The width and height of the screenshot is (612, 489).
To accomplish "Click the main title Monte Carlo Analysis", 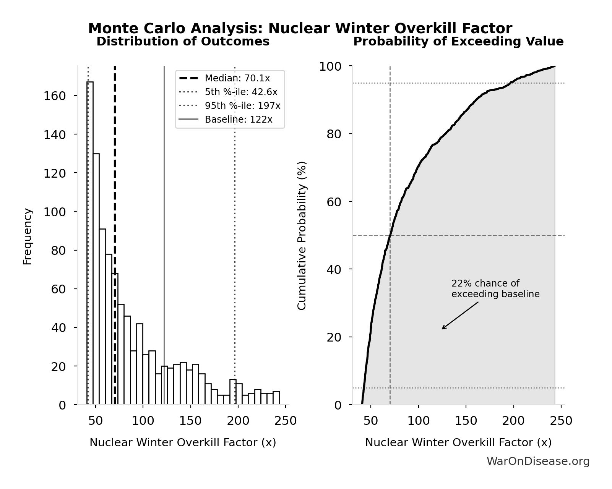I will point(300,29).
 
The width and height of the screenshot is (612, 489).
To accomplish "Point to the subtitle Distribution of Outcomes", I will point(183,42).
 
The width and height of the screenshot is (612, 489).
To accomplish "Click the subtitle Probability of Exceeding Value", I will point(458,42).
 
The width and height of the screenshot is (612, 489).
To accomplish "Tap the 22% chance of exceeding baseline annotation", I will point(495,289).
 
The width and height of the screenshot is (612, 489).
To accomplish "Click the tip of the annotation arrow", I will point(442,329).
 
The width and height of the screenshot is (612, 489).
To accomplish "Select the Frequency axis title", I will point(28,236).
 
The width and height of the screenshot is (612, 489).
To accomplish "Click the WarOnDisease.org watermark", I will point(538,461).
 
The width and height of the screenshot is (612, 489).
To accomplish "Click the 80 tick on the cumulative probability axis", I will point(334,134).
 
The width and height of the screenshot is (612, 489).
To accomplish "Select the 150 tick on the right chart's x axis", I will point(466,421).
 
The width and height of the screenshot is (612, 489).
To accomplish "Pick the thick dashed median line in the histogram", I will point(115,172).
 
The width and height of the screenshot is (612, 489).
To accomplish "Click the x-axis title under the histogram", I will point(183,442).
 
